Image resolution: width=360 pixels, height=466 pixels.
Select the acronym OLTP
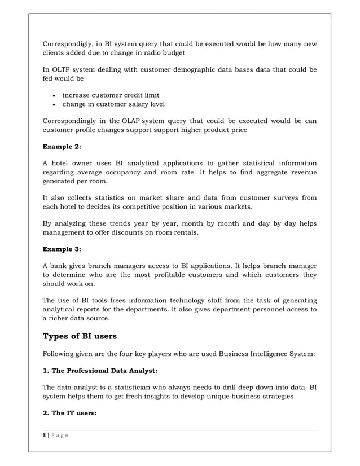click(63, 70)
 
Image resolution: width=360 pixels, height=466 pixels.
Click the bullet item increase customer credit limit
click(111, 95)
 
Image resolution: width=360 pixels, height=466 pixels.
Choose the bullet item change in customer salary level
click(113, 104)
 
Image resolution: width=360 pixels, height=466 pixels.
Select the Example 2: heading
click(62, 147)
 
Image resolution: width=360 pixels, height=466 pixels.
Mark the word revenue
click(298, 172)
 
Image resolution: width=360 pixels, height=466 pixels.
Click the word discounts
click(168, 232)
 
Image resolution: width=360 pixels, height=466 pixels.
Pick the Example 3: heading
click(62, 249)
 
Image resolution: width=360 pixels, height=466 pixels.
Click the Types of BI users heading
click(80, 337)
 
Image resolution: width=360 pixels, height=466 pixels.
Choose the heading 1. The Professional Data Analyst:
click(100, 372)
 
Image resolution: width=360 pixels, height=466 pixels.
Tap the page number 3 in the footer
click(45, 439)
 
